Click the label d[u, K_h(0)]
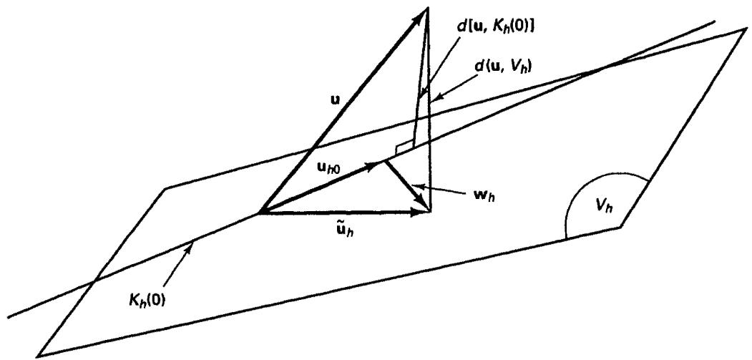pos(497,27)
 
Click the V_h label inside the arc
pos(603,207)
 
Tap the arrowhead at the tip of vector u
pos(420,14)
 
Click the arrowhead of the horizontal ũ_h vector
pos(421,212)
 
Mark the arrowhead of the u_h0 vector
pos(374,166)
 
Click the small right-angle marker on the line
pos(404,148)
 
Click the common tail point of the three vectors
pos(260,212)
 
